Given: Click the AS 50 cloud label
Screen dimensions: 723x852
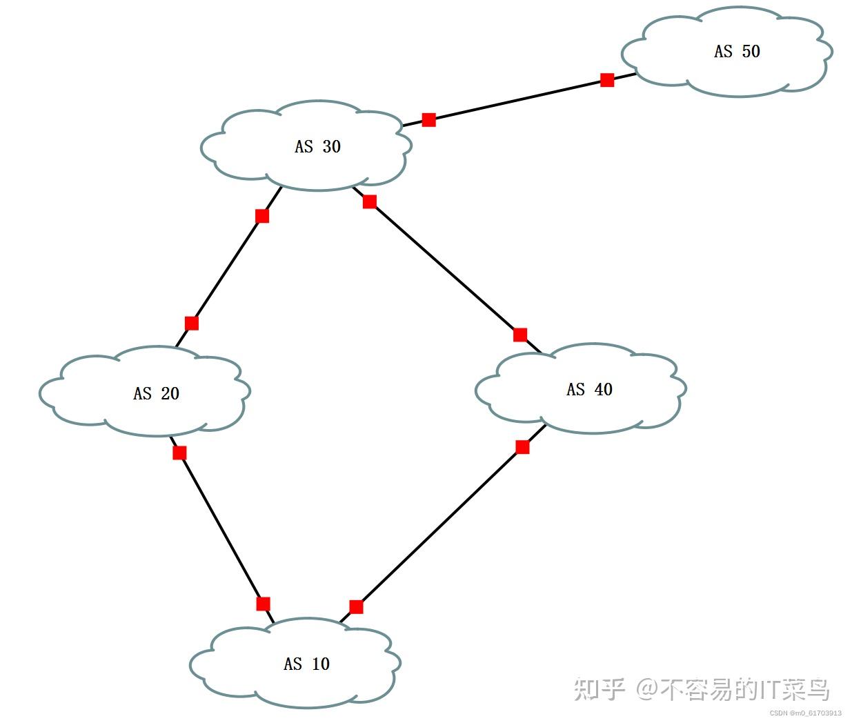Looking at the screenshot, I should click(737, 51).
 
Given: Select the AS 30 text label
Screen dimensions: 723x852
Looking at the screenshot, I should click(317, 146).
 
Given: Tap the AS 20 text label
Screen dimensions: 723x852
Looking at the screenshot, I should click(156, 393).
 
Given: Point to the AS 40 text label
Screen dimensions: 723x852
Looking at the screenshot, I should click(589, 389).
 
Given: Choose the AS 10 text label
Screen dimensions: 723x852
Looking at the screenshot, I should click(306, 664).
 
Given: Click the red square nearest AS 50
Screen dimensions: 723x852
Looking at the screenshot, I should click(607, 80).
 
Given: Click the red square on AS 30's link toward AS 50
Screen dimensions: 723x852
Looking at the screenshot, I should click(428, 120).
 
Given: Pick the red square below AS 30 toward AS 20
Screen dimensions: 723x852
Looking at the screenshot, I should click(262, 216).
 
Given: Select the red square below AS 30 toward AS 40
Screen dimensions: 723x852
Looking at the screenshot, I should click(370, 201).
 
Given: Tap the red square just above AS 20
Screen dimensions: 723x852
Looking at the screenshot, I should click(192, 323).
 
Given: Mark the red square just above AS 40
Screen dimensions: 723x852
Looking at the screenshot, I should click(520, 335).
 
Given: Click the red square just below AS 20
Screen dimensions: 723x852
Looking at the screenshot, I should click(179, 453).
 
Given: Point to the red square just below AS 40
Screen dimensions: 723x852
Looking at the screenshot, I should click(522, 447).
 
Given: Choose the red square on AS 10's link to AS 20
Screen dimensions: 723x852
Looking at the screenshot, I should click(263, 604).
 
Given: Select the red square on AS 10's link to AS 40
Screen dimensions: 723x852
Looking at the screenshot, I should click(356, 607).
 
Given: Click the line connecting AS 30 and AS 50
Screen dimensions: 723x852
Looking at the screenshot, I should click(517, 100).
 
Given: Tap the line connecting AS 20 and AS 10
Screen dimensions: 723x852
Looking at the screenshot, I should click(221, 528).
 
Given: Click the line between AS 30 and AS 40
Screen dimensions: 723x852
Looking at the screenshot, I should click(445, 268).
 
